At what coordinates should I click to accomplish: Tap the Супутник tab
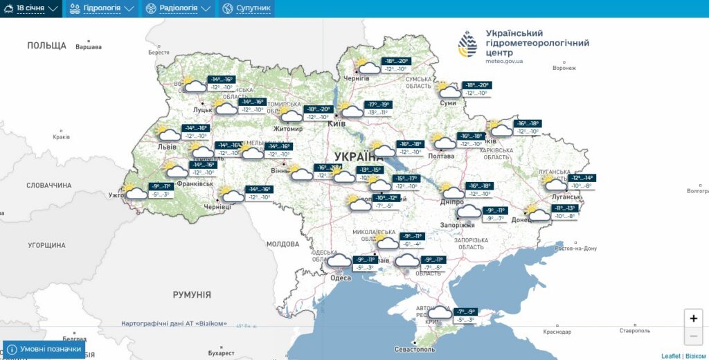246,8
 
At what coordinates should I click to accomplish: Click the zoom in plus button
694,318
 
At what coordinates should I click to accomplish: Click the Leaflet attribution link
671,356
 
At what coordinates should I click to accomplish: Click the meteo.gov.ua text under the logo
504,62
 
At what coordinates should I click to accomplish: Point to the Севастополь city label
415,350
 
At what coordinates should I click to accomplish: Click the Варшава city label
88,47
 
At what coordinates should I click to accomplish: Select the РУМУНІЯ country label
192,295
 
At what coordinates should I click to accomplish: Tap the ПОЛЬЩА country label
46,46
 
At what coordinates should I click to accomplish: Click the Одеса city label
341,278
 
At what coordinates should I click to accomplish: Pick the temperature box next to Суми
476,89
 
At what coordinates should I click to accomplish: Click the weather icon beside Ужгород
135,191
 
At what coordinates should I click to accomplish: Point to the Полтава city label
441,156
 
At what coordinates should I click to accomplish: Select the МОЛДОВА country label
282,244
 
